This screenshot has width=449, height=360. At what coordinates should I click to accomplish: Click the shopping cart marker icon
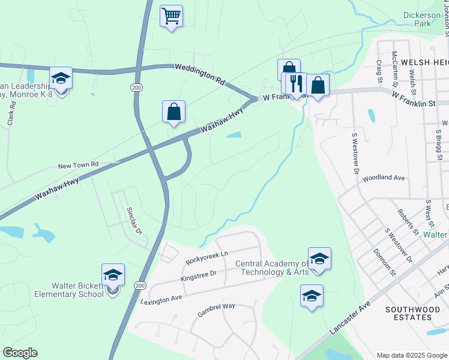pyautogui.click(x=172, y=16)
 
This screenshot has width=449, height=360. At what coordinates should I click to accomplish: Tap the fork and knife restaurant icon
pyautogui.click(x=295, y=83)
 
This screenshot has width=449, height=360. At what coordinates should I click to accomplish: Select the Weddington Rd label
pyautogui.click(x=199, y=74)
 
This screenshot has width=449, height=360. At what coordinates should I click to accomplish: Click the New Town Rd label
pyautogui.click(x=77, y=165)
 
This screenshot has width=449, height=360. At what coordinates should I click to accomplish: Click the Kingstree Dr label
pyautogui.click(x=198, y=275)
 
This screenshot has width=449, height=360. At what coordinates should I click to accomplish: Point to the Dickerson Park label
pyautogui.click(x=425, y=19)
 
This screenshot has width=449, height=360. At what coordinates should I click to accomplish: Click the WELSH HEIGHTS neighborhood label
pyautogui.click(x=424, y=62)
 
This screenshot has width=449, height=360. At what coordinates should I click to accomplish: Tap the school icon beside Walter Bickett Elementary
pyautogui.click(x=113, y=275)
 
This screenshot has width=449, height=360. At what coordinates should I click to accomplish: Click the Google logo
pyautogui.click(x=20, y=352)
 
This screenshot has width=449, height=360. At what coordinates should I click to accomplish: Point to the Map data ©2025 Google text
pyautogui.click(x=412, y=355)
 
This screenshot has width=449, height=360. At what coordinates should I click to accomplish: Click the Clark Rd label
pyautogui.click(x=10, y=112)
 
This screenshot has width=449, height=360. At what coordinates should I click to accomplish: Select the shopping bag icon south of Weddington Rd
pyautogui.click(x=173, y=112)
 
